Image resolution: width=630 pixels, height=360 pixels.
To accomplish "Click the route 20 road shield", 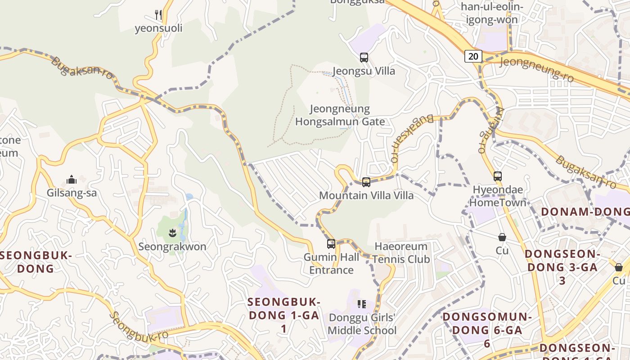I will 472,56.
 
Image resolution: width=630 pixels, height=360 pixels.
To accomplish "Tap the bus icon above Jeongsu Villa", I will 364,58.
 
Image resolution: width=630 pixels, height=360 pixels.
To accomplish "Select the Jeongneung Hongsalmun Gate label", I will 340,115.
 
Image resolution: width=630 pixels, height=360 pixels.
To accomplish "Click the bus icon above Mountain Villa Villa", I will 366,182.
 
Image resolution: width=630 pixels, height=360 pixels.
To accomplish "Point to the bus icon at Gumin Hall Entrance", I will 331,244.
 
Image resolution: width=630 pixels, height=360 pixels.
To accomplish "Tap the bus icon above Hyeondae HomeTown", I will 497,176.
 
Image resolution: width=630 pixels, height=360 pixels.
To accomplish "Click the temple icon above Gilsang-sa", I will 72,180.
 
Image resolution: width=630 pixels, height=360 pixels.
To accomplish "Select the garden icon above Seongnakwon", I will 171,233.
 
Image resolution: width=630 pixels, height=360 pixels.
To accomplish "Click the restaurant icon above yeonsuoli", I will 158,15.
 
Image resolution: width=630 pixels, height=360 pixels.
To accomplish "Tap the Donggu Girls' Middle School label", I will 362,324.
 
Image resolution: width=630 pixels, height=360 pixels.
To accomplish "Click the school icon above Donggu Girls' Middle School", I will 361,304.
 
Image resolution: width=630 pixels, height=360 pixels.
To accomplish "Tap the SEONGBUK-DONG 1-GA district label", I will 284,315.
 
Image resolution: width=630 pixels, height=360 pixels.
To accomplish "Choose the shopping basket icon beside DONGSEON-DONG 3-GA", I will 619,267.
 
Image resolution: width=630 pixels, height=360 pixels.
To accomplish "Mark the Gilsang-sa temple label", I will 72,193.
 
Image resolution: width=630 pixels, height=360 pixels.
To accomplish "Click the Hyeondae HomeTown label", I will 498,196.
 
